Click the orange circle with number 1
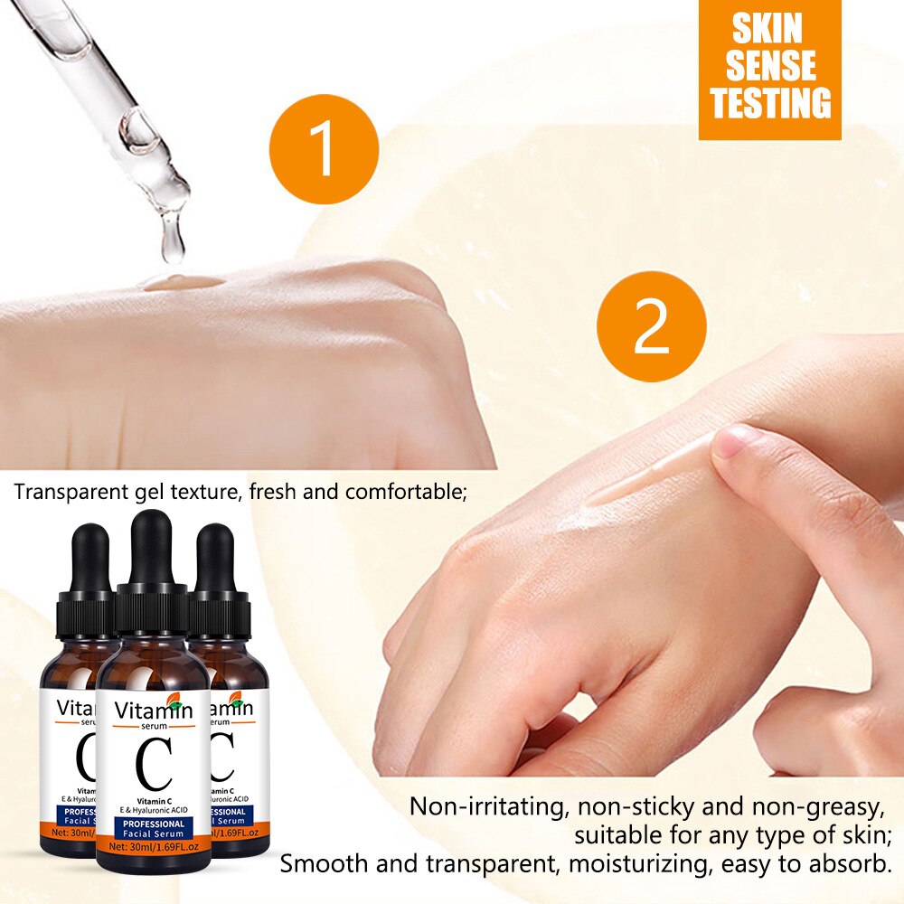(x=323, y=149)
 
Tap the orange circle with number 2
(x=651, y=325)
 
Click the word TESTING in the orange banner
(x=769, y=102)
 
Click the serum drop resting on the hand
(x=181, y=283)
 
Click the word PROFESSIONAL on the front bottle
(x=151, y=824)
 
